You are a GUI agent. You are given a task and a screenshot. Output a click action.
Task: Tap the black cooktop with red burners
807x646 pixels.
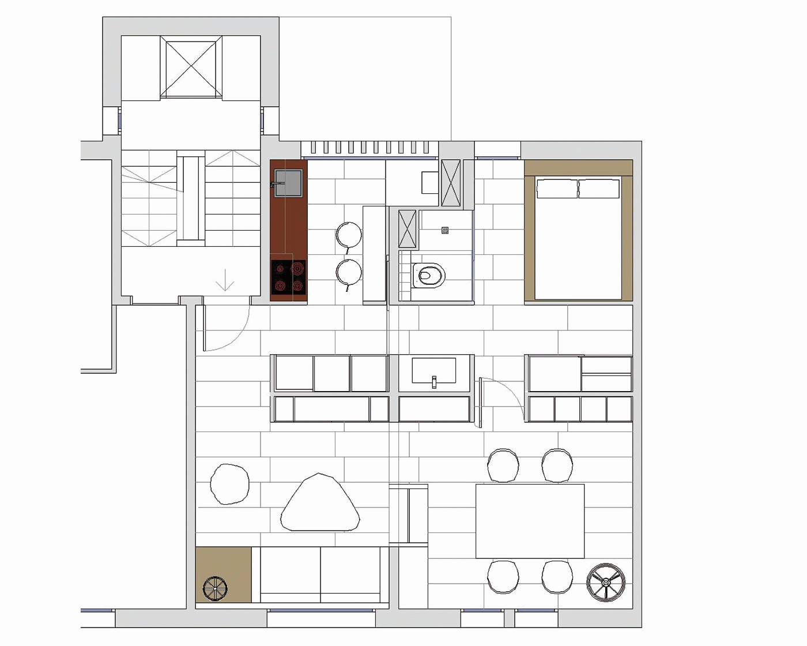pyautogui.click(x=288, y=277)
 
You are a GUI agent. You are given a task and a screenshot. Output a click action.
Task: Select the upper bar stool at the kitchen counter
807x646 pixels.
pyautogui.click(x=349, y=235)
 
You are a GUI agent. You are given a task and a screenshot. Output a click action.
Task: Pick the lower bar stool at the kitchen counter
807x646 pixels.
pyautogui.click(x=349, y=272)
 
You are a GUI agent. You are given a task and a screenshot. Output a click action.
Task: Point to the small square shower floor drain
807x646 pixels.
pyautogui.click(x=445, y=230)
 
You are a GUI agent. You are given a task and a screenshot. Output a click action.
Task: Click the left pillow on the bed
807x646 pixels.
pyautogui.click(x=557, y=189)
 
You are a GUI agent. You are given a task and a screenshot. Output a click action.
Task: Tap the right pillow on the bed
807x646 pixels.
pyautogui.click(x=599, y=189)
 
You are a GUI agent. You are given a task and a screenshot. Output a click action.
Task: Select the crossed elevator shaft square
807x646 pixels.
pyautogui.click(x=191, y=68)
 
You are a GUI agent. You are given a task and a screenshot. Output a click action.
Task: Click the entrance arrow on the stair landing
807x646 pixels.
pyautogui.click(x=224, y=282)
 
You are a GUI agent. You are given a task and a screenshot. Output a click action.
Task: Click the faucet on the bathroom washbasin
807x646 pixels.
pyautogui.click(x=434, y=381)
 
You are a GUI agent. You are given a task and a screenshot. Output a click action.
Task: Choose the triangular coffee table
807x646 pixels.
pyautogui.click(x=320, y=504)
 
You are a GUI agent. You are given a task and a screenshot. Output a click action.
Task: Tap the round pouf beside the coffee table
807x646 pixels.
pyautogui.click(x=230, y=484)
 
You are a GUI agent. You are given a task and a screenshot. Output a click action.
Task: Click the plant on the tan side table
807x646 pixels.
pyautogui.click(x=215, y=589)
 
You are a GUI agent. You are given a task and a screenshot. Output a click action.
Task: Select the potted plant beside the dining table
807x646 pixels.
pyautogui.click(x=606, y=582)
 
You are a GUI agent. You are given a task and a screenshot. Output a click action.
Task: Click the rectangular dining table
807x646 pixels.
pyautogui.click(x=530, y=521)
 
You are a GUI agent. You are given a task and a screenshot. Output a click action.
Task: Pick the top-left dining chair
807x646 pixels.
pyautogui.click(x=503, y=465)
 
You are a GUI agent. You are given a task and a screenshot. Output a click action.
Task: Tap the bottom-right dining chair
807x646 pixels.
pyautogui.click(x=557, y=576)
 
